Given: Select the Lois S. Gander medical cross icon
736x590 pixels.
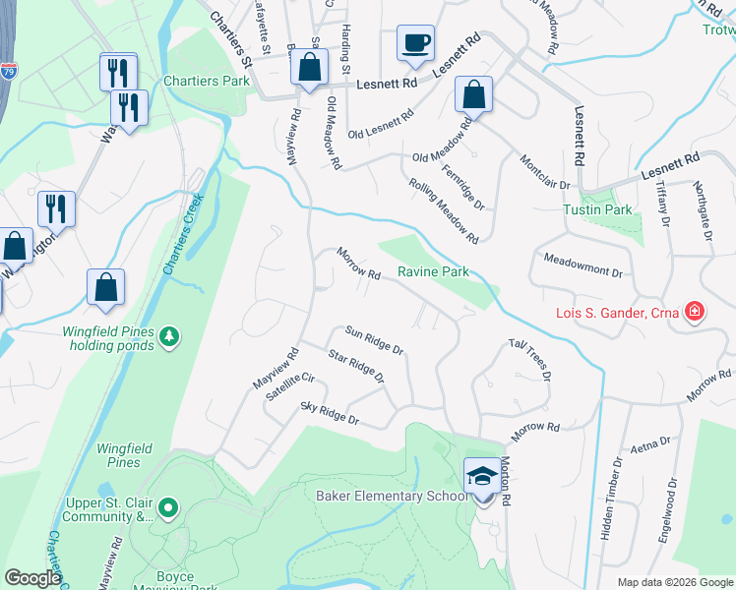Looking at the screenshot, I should click(695, 313).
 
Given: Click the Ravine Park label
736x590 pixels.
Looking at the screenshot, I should click(433, 271).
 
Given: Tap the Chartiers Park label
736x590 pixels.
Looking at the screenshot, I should click(207, 82).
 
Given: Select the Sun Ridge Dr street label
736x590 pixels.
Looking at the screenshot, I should click(374, 340).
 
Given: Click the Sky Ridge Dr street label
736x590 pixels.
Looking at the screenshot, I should click(330, 414).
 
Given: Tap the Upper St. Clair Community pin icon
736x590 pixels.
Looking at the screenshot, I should click(168, 508).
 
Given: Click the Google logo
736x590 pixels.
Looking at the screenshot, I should click(32, 578).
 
